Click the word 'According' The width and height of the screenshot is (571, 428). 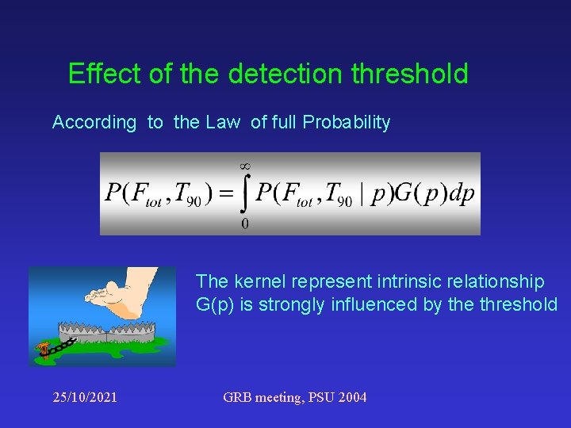coord(94,123)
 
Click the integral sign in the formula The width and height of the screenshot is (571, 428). coord(242,194)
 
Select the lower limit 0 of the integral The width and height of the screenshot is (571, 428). coord(244,224)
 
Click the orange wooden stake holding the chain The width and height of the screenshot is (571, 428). coord(44,349)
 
